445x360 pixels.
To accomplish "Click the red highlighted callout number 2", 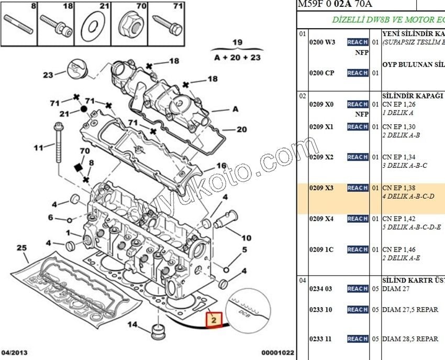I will click(x=214, y=319).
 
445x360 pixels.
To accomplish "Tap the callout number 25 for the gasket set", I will click(x=21, y=247).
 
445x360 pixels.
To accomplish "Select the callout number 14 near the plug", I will click(x=133, y=325).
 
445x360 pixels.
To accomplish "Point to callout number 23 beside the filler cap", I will click(x=48, y=75).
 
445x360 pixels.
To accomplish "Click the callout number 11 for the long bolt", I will click(x=38, y=148).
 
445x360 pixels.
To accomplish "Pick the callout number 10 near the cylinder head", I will click(x=246, y=237).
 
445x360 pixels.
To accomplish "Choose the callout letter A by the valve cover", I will click(x=235, y=109).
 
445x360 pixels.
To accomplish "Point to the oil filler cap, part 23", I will click(x=74, y=68).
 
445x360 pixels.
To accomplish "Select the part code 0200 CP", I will click(x=321, y=73).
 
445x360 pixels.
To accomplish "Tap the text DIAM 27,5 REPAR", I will click(x=410, y=310).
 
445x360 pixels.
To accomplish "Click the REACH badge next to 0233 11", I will click(x=358, y=339).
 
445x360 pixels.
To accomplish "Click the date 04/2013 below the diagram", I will click(x=15, y=353).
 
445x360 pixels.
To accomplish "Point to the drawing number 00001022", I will click(x=278, y=353).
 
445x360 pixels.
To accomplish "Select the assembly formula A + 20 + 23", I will click(x=238, y=58).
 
